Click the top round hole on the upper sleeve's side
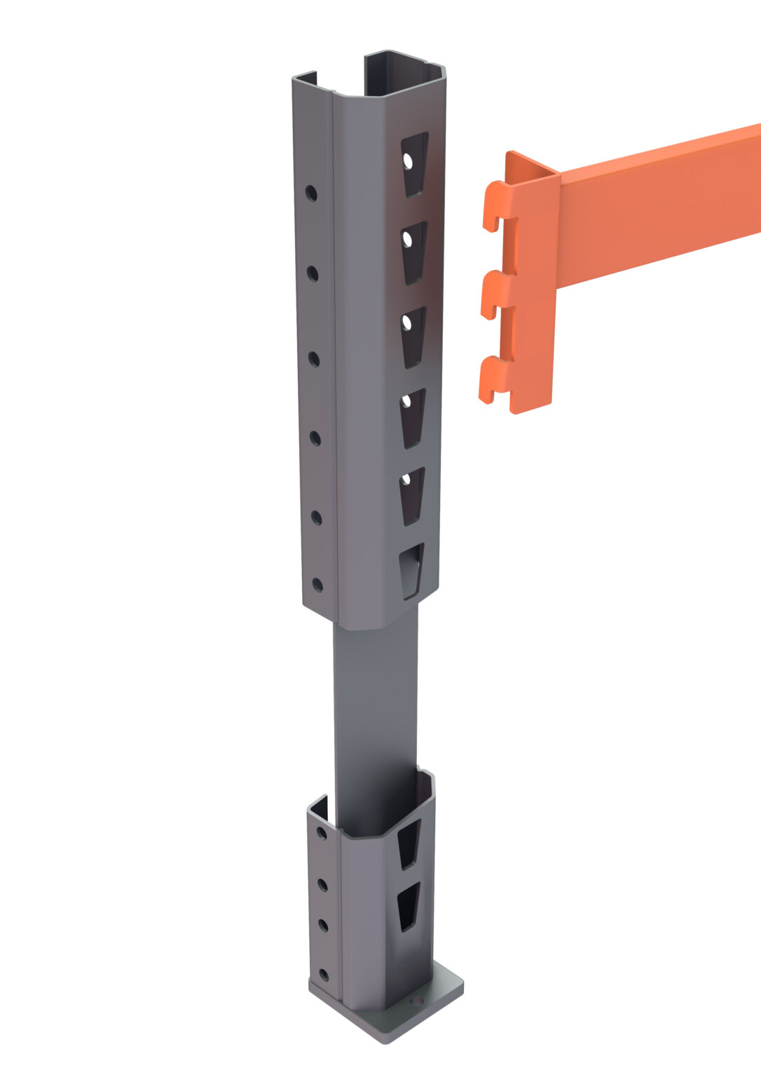[x=310, y=193]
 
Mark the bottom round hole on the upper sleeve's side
[x=317, y=584]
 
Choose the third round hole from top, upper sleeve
[x=314, y=360]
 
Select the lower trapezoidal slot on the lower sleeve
[x=408, y=906]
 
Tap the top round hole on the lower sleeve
[x=322, y=832]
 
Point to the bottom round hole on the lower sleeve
[x=323, y=975]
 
